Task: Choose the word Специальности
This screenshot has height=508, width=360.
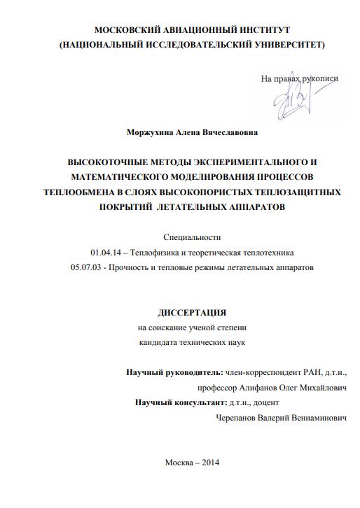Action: pyautogui.click(x=191, y=237)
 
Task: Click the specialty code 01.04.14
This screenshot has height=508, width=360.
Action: pyautogui.click(x=105, y=252)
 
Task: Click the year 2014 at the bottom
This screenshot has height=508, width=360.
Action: pyautogui.click(x=209, y=463)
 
